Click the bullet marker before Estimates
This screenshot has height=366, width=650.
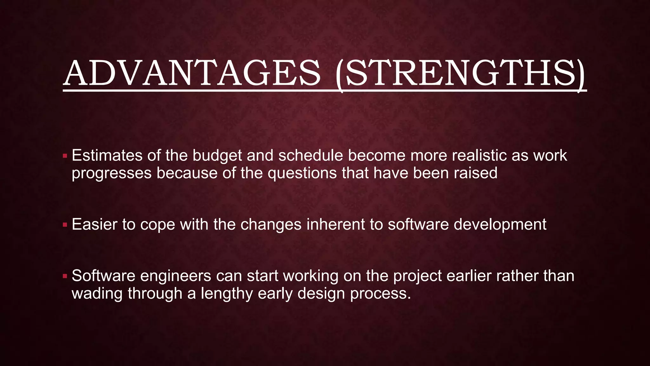[65, 156]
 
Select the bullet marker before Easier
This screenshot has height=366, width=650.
[65, 225]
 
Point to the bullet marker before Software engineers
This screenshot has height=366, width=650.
[65, 276]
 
